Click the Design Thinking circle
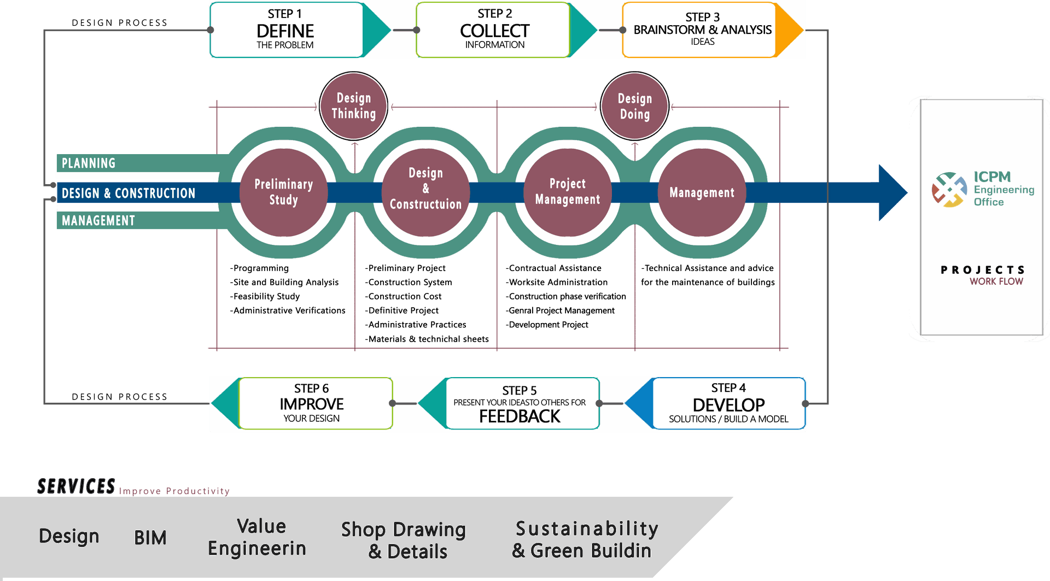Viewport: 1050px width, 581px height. [353, 106]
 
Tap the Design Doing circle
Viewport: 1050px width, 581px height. [634, 107]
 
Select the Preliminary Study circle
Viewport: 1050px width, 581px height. [283, 192]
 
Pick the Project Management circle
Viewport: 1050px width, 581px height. [568, 192]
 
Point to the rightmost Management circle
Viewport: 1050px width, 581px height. [702, 192]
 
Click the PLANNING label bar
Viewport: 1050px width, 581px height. [89, 163]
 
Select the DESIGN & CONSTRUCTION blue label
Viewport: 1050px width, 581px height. [129, 193]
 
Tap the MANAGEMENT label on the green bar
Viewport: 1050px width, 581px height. [98, 221]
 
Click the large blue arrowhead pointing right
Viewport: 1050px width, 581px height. [892, 192]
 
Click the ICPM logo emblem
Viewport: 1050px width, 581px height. [949, 190]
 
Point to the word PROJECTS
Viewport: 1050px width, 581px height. [983, 270]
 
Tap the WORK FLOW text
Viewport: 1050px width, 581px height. [996, 281]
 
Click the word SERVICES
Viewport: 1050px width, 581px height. [76, 486]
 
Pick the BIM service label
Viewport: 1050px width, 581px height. [150, 538]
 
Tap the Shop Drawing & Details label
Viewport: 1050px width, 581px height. [405, 540]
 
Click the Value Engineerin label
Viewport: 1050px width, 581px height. [258, 537]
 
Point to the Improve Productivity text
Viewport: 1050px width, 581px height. [174, 491]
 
